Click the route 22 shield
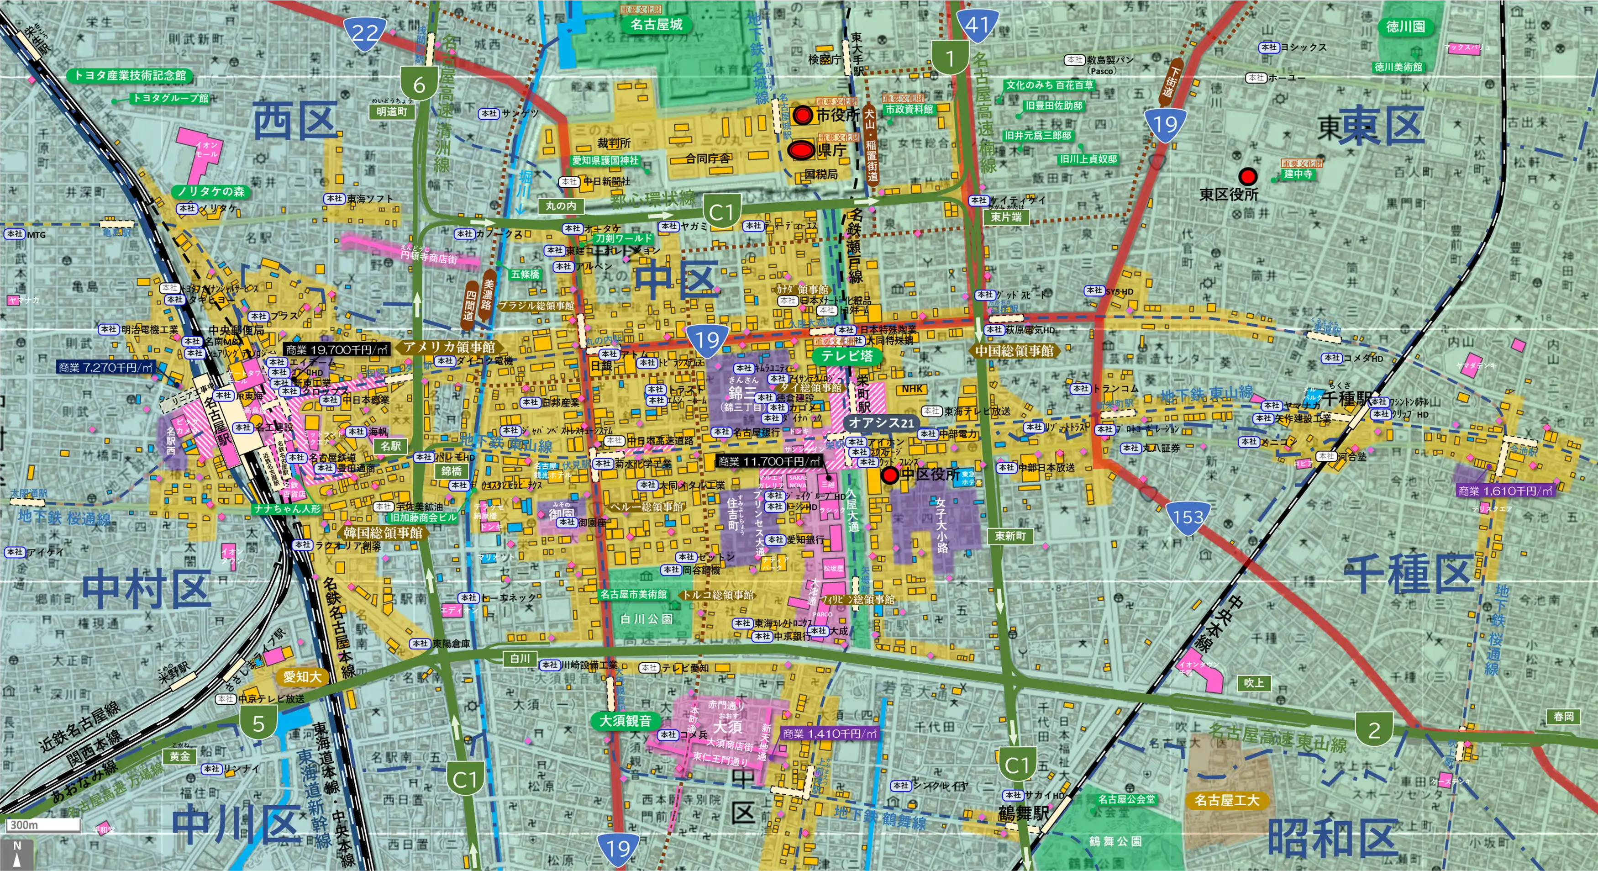tap(365, 32)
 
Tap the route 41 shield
tap(977, 24)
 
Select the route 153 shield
tap(1188, 516)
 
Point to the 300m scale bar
tap(43, 825)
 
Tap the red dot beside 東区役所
tap(1247, 176)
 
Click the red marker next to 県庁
tap(801, 149)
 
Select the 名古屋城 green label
tap(657, 25)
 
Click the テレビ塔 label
tap(847, 355)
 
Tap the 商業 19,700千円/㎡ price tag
tap(337, 350)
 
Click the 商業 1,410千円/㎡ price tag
tap(830, 733)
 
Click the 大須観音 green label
tap(626, 720)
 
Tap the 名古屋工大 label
tap(1226, 800)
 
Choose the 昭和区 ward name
tap(1332, 838)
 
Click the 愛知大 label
tap(302, 677)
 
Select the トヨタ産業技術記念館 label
tap(130, 75)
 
